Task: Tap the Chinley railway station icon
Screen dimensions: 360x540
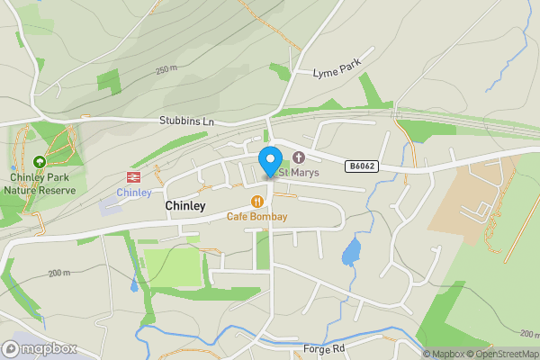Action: pyautogui.click(x=134, y=177)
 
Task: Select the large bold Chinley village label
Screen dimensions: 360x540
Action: pyautogui.click(x=185, y=206)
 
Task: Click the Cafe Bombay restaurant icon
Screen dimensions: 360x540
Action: pyautogui.click(x=257, y=202)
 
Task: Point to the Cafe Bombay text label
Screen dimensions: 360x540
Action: pyautogui.click(x=257, y=217)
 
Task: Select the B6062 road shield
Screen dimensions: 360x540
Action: pyautogui.click(x=361, y=166)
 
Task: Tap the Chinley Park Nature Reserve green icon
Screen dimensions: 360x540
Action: pyautogui.click(x=39, y=163)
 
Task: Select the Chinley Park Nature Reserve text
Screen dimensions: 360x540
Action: pyautogui.click(x=39, y=184)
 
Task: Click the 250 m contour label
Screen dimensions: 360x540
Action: pyautogui.click(x=166, y=70)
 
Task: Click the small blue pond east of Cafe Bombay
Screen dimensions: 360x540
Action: pyautogui.click(x=351, y=253)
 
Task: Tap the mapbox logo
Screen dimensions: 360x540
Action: pyautogui.click(x=40, y=348)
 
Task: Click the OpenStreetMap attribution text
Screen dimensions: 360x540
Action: pyautogui.click(x=505, y=354)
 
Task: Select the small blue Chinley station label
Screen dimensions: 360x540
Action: pyautogui.click(x=134, y=193)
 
